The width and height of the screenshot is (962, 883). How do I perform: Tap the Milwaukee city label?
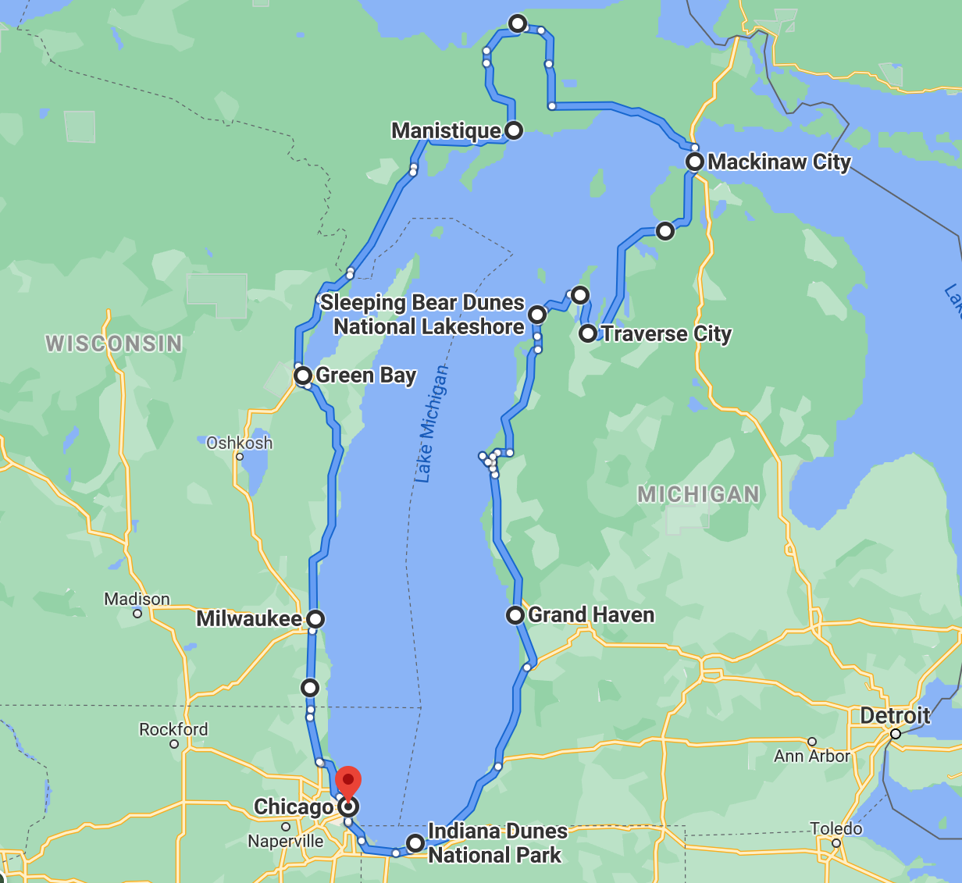[248, 619]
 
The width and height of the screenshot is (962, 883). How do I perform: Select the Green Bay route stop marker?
[303, 376]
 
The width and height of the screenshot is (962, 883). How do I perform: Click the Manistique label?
[446, 130]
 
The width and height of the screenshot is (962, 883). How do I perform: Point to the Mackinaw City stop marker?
[695, 162]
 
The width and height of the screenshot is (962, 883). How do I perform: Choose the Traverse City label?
[666, 334]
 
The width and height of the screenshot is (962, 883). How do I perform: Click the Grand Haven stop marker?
[515, 615]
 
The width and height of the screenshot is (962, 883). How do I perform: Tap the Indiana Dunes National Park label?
[497, 843]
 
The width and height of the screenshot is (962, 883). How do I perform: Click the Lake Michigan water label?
[433, 422]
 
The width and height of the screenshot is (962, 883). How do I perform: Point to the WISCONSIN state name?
[114, 344]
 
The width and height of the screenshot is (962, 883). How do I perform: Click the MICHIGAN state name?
[698, 494]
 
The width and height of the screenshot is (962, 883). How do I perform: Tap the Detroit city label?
[895, 716]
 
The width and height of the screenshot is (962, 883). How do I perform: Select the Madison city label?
[137, 599]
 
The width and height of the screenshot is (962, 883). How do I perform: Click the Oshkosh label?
[239, 443]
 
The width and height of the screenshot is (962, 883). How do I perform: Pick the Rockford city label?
[173, 729]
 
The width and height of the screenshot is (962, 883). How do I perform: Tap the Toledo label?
[836, 828]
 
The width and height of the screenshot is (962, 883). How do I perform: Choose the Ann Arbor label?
[811, 756]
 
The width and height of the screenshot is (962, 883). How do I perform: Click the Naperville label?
[286, 842]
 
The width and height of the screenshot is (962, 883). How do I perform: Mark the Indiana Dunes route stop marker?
[415, 843]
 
